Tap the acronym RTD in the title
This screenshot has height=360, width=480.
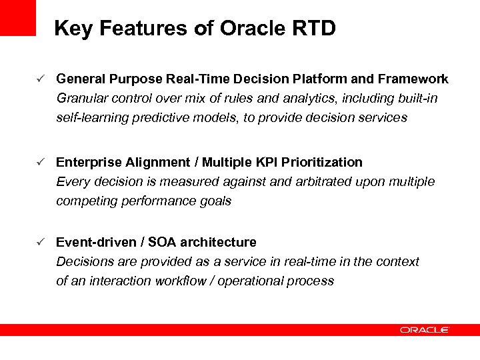[x=314, y=29]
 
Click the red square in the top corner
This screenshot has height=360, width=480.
[x=17, y=17]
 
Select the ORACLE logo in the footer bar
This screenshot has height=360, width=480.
[x=424, y=329]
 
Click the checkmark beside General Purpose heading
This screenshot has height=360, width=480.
[x=41, y=79]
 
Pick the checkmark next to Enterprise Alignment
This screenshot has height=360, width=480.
[x=41, y=162]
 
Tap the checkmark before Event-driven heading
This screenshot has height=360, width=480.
[x=41, y=242]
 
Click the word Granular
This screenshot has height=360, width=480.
[x=79, y=99]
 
